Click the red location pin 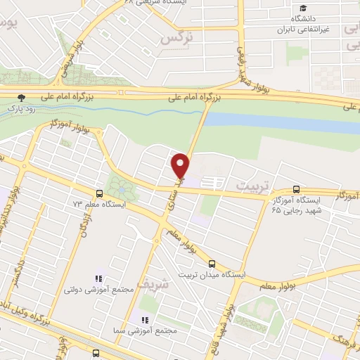click(181, 165)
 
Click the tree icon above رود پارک click(22, 98)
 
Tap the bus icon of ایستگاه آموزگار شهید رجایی click(296, 190)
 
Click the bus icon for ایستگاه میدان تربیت click(212, 264)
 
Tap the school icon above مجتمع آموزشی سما click(134, 319)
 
